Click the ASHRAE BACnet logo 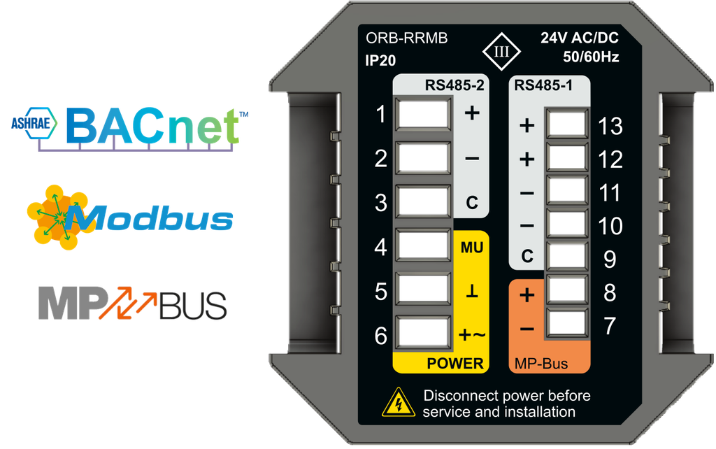(129, 129)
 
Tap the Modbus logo (129, 218)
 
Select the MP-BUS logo (132, 304)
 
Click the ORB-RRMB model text (406, 38)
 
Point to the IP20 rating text (380, 60)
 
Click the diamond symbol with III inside (501, 52)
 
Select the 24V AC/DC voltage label (580, 38)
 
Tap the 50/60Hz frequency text (591, 57)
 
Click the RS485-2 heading (454, 85)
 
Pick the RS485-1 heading (543, 85)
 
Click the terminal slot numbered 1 (422, 114)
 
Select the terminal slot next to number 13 (566, 124)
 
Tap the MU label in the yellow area (472, 248)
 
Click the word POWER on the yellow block (454, 364)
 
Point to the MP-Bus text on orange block (541, 364)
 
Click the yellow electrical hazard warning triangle (399, 402)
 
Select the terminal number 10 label (610, 226)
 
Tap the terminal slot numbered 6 (422, 333)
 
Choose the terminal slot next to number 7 (566, 323)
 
